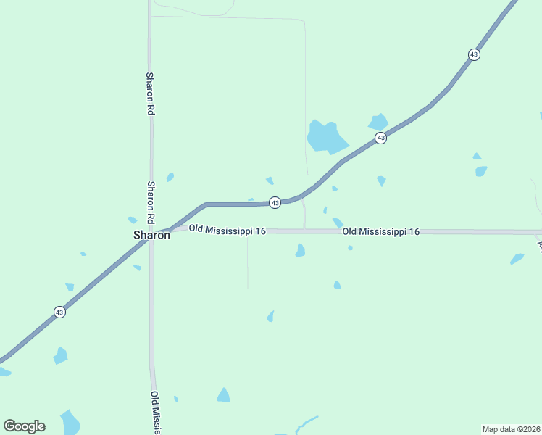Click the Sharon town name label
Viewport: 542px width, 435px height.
[151, 235]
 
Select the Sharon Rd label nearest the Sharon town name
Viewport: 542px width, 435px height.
[151, 202]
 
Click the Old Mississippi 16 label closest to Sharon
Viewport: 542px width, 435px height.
[228, 230]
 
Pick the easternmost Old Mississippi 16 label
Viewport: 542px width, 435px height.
[381, 231]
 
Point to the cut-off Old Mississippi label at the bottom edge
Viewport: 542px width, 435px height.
[155, 413]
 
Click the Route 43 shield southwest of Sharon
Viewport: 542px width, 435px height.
[59, 312]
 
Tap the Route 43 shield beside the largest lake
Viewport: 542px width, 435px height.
[380, 138]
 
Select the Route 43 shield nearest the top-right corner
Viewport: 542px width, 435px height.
[474, 54]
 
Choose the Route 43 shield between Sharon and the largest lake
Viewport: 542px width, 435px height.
[275, 203]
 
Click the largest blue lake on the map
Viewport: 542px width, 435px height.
[325, 136]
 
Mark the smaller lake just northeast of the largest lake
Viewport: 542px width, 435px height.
[378, 122]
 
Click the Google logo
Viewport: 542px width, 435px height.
[24, 426]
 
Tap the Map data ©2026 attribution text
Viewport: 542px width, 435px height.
[511, 429]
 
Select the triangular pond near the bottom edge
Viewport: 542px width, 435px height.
[223, 395]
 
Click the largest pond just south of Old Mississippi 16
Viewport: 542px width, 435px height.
[300, 250]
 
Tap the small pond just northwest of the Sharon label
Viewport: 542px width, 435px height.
[133, 220]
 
